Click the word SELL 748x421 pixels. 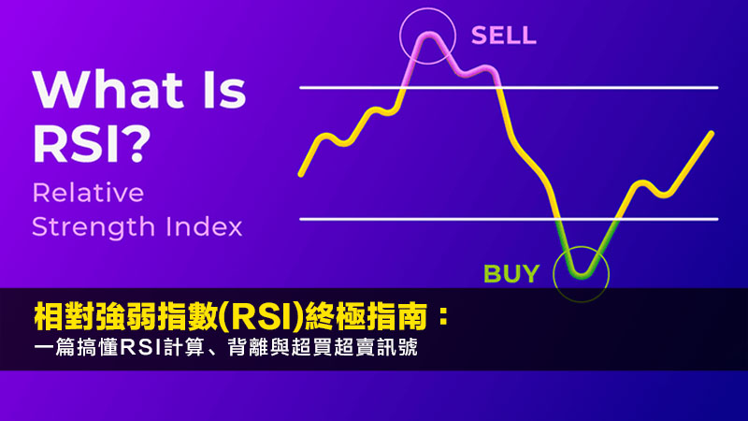click(x=504, y=36)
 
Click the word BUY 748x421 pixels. click(x=511, y=274)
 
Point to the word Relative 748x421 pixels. click(x=88, y=194)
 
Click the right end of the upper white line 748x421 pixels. click(x=717, y=88)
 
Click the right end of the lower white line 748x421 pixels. click(x=717, y=219)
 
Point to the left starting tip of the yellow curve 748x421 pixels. click(x=300, y=174)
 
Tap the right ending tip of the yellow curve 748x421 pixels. click(x=712, y=133)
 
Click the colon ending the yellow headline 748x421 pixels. click(x=442, y=317)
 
